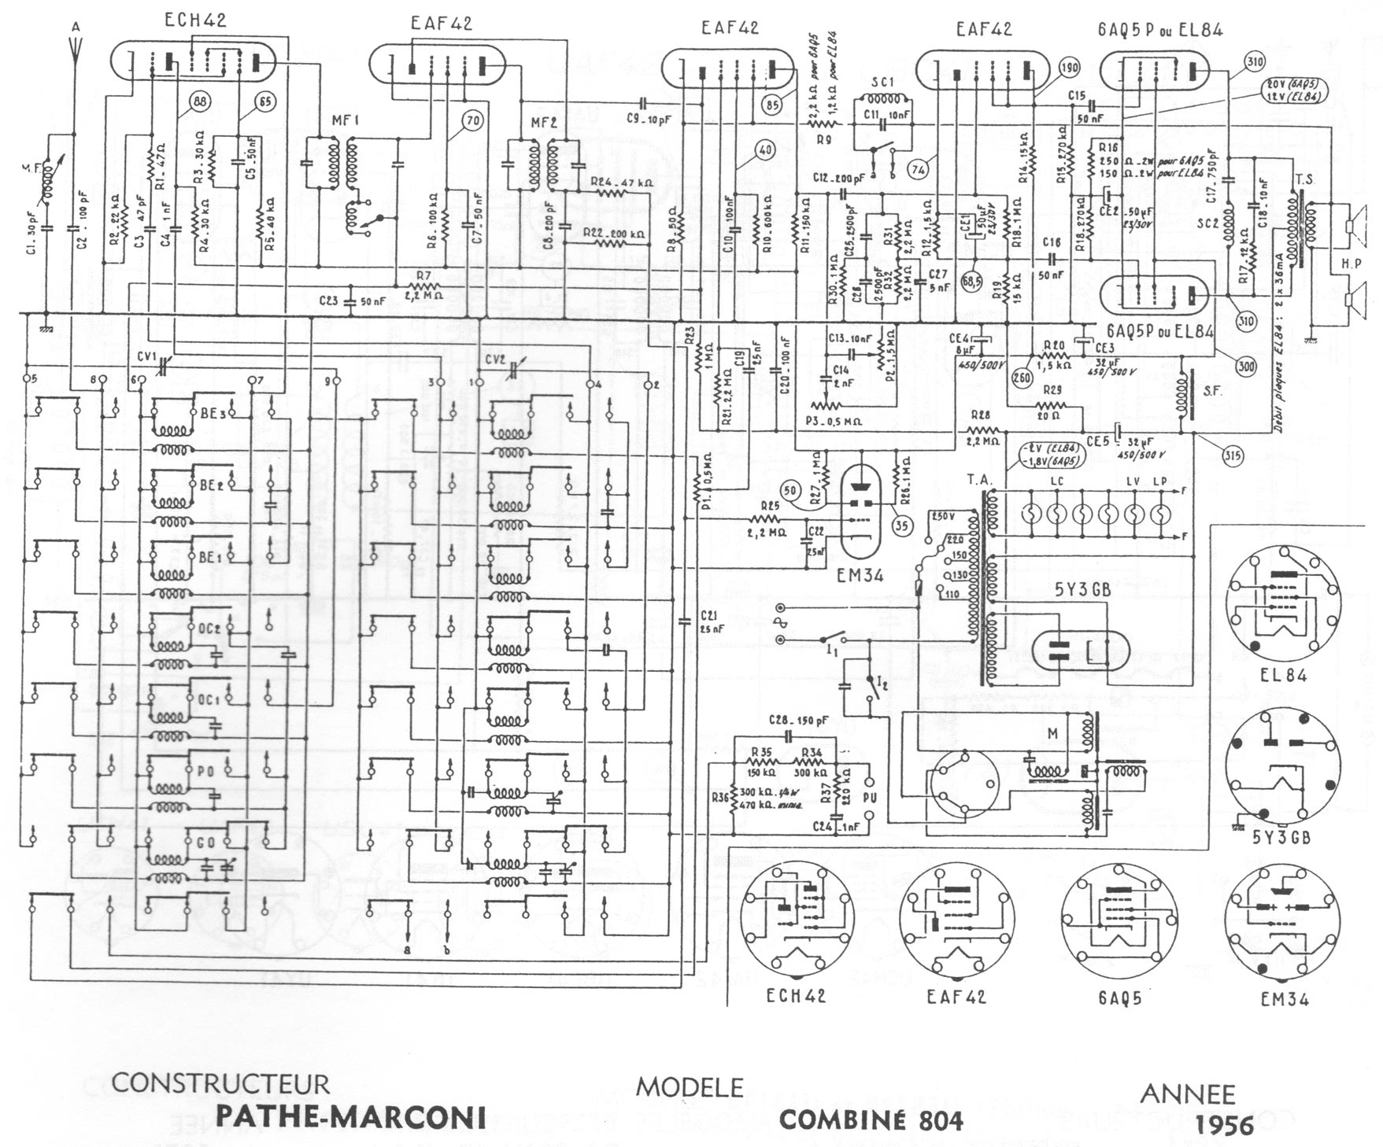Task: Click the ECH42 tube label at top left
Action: tap(195, 20)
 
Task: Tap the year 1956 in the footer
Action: tap(1224, 1125)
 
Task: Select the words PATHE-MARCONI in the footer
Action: tap(351, 1117)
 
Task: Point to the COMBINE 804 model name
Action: tap(871, 1119)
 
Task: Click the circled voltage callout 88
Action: tap(199, 101)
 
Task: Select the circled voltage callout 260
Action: tap(1022, 376)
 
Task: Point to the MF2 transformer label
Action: tap(543, 124)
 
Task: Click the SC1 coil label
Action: tap(882, 82)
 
